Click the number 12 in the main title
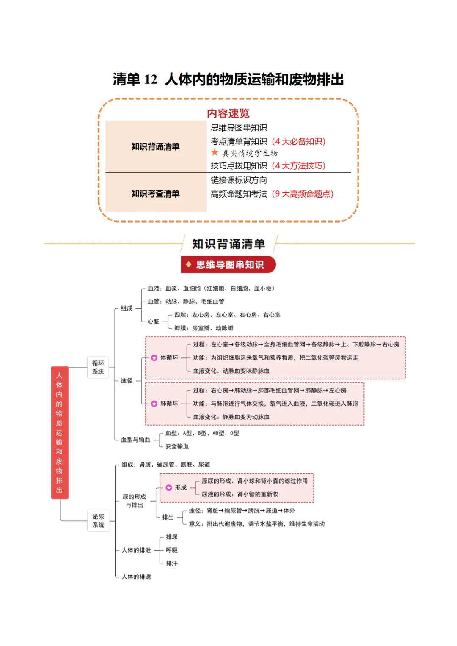[150, 80]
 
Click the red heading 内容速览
[228, 113]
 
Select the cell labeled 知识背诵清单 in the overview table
[156, 146]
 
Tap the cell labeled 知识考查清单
[156, 193]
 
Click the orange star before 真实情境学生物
[215, 152]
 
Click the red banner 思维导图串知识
[228, 265]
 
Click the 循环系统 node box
[98, 367]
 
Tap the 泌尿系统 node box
[98, 521]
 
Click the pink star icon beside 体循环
[154, 358]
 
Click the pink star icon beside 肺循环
[154, 404]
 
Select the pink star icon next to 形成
[169, 488]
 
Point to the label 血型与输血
[135, 440]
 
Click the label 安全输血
[177, 446]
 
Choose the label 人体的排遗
[136, 577]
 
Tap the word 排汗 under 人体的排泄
[172, 564]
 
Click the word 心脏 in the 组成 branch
[153, 322]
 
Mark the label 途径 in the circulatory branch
[127, 381]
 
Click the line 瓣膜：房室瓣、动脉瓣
[204, 328]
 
